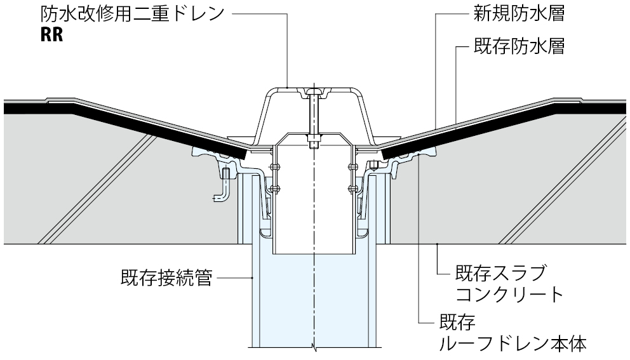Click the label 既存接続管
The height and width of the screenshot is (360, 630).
(x=166, y=278)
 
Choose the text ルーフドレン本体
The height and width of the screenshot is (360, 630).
(x=513, y=343)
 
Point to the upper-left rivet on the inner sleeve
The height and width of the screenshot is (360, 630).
(x=275, y=168)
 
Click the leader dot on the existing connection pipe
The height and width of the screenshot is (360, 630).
(x=252, y=278)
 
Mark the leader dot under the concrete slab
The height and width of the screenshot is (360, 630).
(x=438, y=244)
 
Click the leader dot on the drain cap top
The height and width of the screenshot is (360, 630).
(x=288, y=86)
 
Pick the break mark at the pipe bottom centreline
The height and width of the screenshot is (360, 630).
(x=313, y=347)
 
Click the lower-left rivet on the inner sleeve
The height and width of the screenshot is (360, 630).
(x=275, y=188)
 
